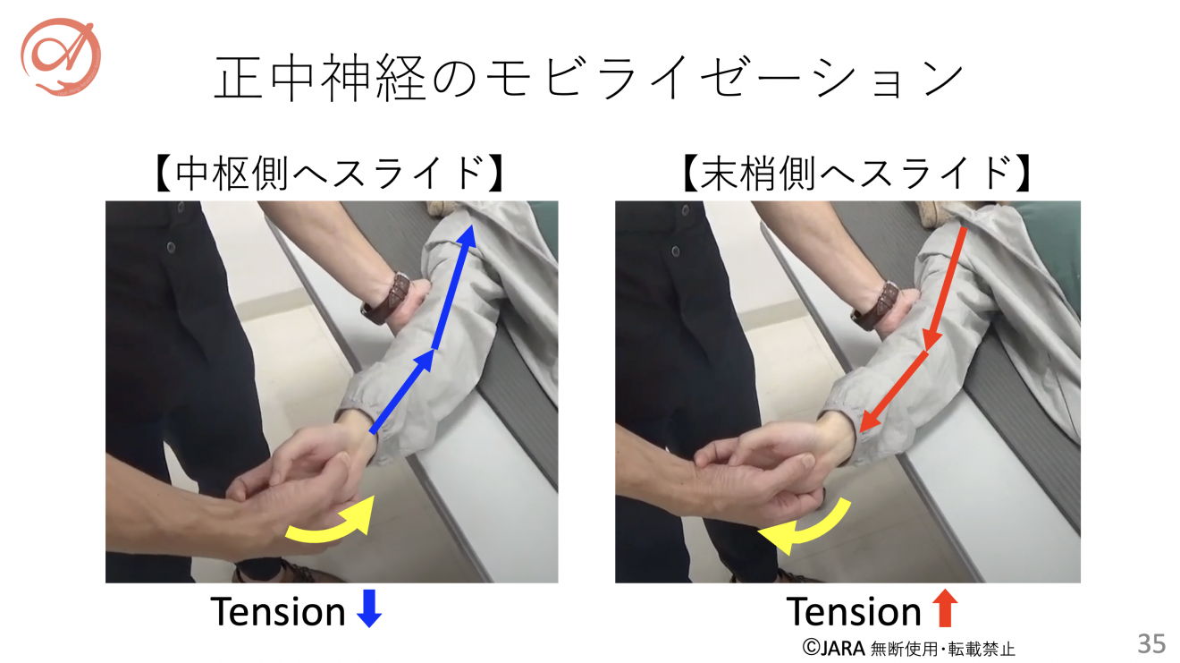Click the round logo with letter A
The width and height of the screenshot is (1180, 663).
pyautogui.click(x=61, y=56)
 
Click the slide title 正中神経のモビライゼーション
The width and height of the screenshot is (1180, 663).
pyautogui.click(x=589, y=77)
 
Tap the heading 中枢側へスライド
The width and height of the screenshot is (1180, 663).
pyautogui.click(x=330, y=173)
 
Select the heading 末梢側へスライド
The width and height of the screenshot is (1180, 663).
pyautogui.click(x=856, y=173)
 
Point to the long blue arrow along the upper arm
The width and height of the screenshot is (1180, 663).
pyautogui.click(x=454, y=286)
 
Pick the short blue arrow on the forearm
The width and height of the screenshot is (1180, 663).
pyautogui.click(x=402, y=392)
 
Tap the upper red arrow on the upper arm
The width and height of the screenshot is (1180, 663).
pyautogui.click(x=945, y=289)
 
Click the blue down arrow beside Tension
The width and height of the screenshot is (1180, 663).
pyautogui.click(x=368, y=608)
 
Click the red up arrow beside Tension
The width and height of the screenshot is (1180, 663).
pyautogui.click(x=945, y=608)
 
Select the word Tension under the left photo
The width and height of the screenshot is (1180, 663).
pyautogui.click(x=278, y=612)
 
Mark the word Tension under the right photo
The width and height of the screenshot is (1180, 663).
pyautogui.click(x=854, y=612)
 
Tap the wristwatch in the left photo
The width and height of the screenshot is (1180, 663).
pyautogui.click(x=387, y=299)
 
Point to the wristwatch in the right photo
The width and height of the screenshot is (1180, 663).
pyautogui.click(x=876, y=306)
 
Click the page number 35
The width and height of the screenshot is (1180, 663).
pyautogui.click(x=1151, y=643)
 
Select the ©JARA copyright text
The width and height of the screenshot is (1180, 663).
pyautogui.click(x=834, y=648)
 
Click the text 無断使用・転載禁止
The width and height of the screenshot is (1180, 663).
pyautogui.click(x=943, y=648)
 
